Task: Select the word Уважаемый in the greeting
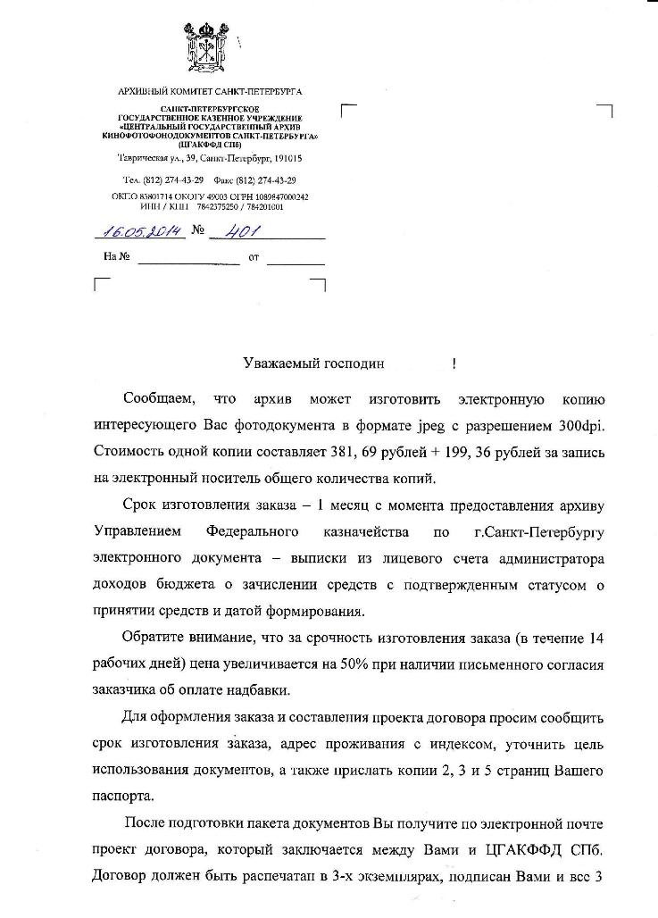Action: (279, 363)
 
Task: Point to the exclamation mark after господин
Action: (454, 363)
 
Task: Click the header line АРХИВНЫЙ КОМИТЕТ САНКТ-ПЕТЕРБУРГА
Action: (210, 92)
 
